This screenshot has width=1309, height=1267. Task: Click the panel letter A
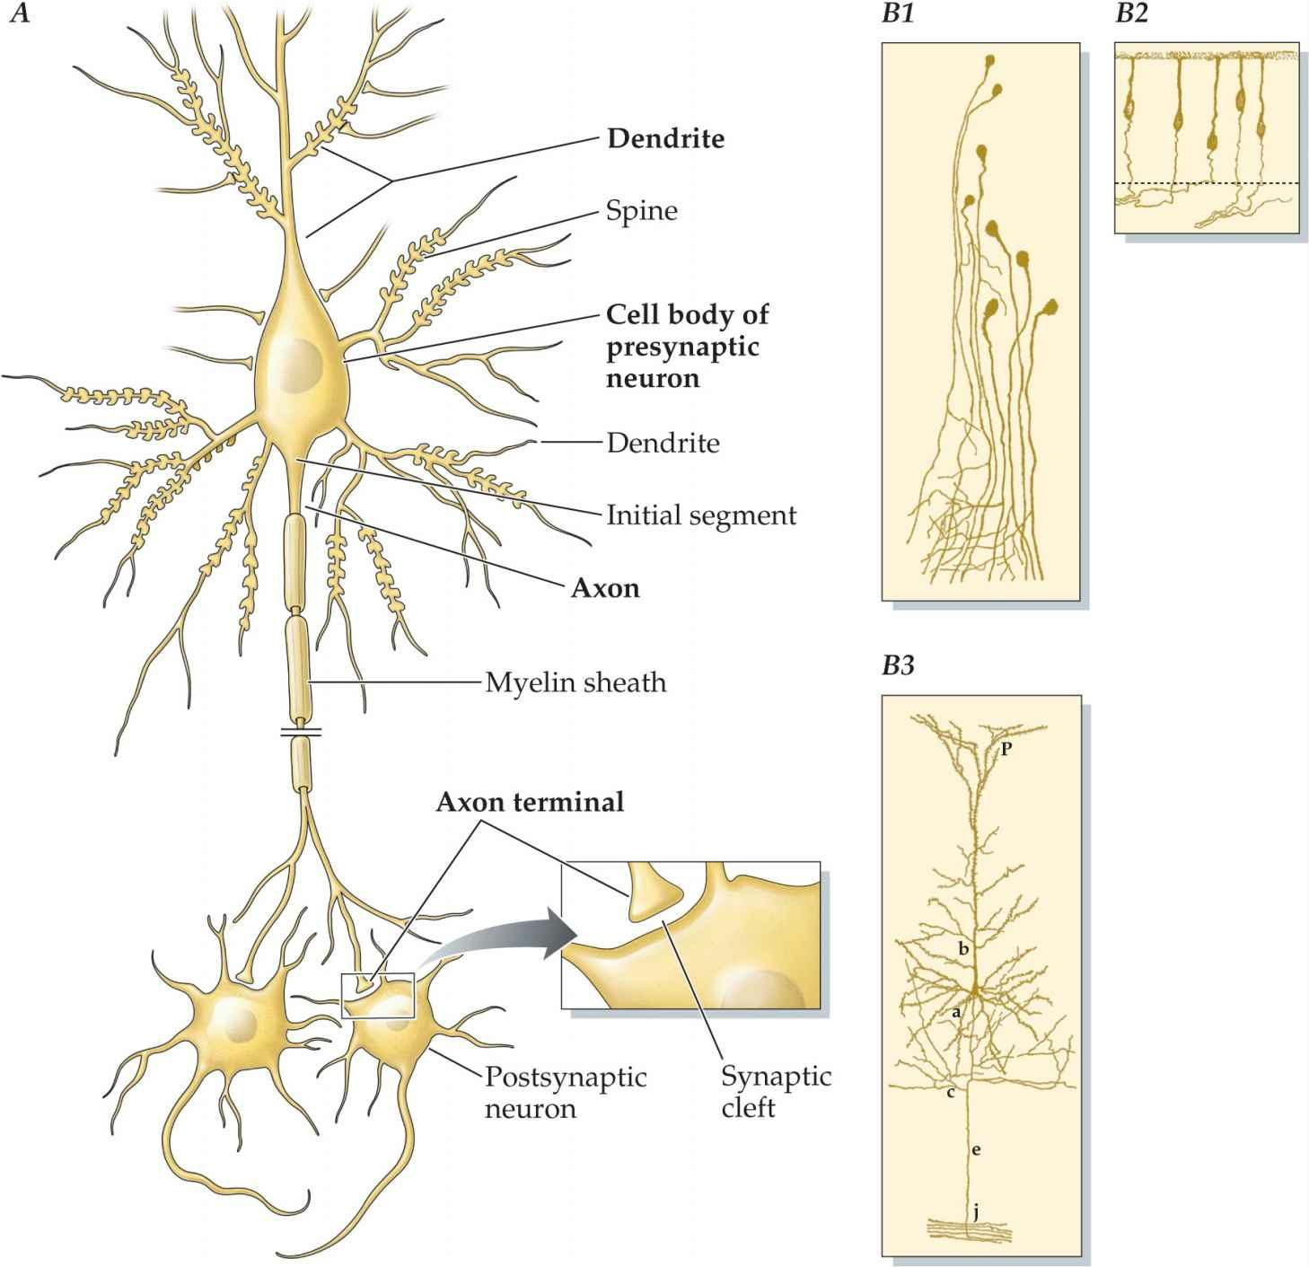click(x=19, y=14)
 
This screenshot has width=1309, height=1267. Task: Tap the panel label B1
click(x=899, y=14)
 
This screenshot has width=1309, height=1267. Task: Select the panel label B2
click(x=1131, y=14)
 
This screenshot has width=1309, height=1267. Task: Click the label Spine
click(x=642, y=211)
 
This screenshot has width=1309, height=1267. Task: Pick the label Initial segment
click(x=701, y=515)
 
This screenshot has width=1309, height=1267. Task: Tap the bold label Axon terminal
click(x=530, y=802)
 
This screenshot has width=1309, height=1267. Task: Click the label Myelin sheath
click(x=575, y=682)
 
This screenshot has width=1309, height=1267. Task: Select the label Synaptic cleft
click(x=776, y=1091)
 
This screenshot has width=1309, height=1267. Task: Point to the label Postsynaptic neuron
click(x=566, y=1092)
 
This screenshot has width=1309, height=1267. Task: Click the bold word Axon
click(x=606, y=588)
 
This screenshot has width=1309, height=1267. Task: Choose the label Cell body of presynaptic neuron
click(x=687, y=347)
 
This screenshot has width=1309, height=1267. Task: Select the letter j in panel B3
click(x=976, y=1212)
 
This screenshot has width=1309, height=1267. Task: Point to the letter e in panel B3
click(x=976, y=1149)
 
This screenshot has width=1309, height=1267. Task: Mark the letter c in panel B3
click(x=951, y=1093)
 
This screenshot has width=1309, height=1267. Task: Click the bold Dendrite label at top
click(x=665, y=139)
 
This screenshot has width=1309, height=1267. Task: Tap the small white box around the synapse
click(x=379, y=996)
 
